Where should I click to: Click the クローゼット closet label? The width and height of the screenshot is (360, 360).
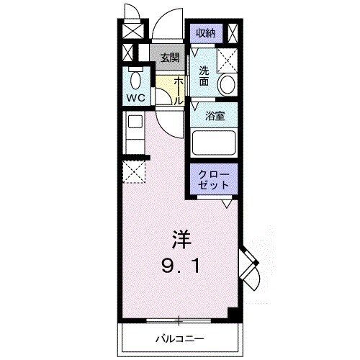pyautogui.click(x=215, y=179)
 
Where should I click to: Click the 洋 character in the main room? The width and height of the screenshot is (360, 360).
pyautogui.click(x=181, y=238)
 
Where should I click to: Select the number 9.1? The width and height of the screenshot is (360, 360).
pyautogui.click(x=182, y=268)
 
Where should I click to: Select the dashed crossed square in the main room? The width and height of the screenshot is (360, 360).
pyautogui.click(x=134, y=172)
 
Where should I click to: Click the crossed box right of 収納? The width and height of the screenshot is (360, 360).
pyautogui.click(x=233, y=33)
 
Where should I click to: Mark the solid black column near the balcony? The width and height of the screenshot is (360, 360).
pyautogui.click(x=232, y=314)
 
